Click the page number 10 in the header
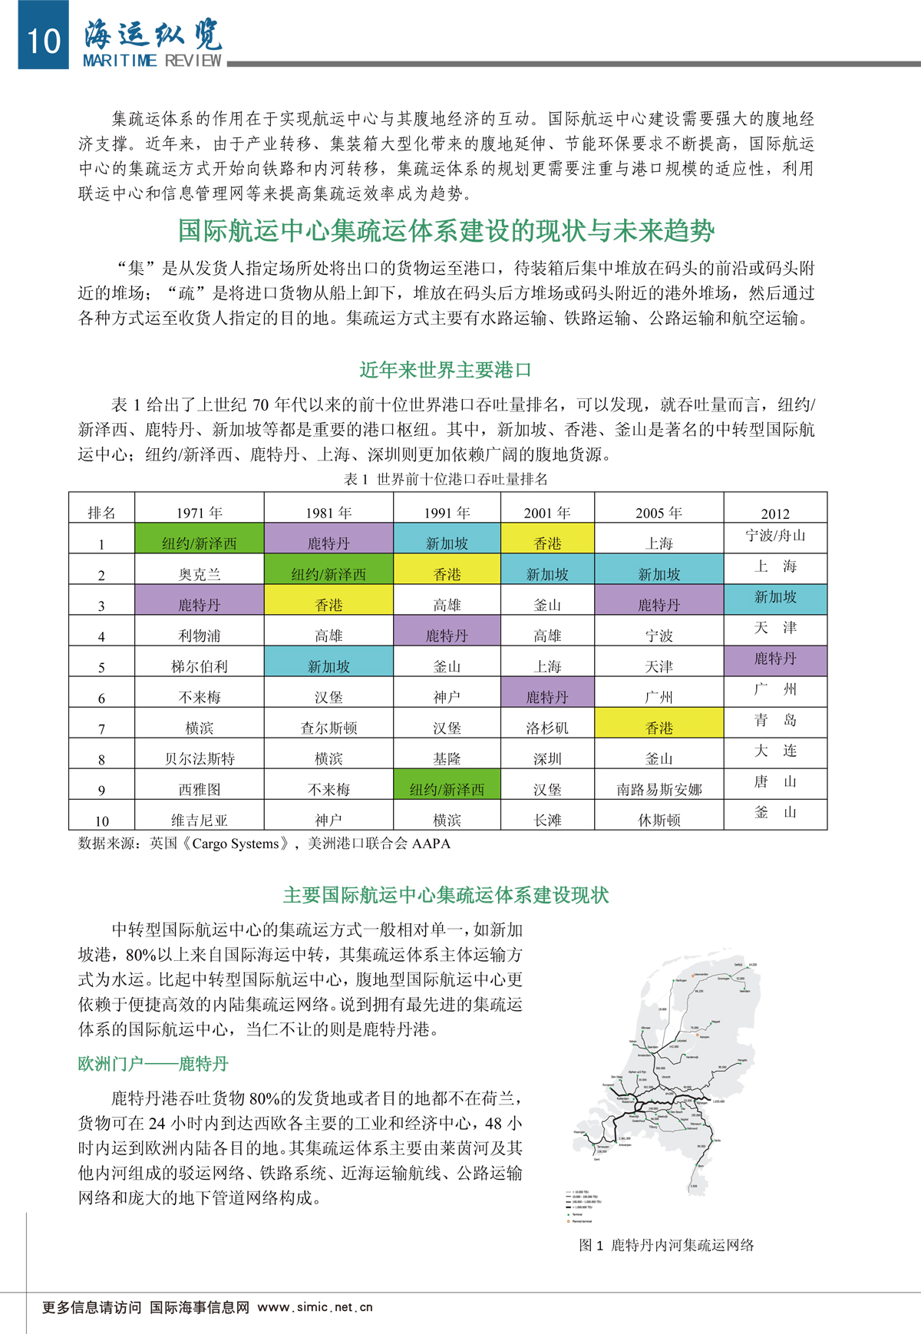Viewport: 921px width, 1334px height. [x=43, y=40]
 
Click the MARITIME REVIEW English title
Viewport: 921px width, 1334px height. [x=152, y=61]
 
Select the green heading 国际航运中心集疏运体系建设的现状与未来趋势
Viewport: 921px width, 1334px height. [x=446, y=230]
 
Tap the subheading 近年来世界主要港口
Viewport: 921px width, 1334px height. [x=445, y=370]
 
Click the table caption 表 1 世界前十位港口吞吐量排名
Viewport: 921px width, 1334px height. [x=445, y=479]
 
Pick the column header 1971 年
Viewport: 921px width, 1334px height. [x=199, y=513]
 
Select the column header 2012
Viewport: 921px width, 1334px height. [x=774, y=513]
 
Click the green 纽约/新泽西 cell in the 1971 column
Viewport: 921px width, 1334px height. [x=199, y=543]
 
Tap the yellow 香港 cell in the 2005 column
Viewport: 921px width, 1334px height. [x=659, y=727]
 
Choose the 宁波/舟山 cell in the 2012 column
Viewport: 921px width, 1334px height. [x=774, y=536]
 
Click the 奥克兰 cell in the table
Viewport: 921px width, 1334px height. [x=199, y=574]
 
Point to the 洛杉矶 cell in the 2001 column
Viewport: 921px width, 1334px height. [x=547, y=728]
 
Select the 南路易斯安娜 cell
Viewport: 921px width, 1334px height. [x=659, y=789]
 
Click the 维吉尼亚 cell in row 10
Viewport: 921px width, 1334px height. [x=199, y=820]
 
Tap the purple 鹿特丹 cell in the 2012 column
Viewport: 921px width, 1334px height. [x=774, y=659]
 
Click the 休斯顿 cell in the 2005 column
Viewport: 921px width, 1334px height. [x=659, y=820]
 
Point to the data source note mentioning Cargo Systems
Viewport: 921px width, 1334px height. [x=264, y=844]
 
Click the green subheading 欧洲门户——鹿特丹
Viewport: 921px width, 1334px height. [x=153, y=1064]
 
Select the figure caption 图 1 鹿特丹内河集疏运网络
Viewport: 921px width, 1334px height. [x=666, y=1245]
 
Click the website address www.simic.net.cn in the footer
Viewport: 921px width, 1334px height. [x=315, y=1307]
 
